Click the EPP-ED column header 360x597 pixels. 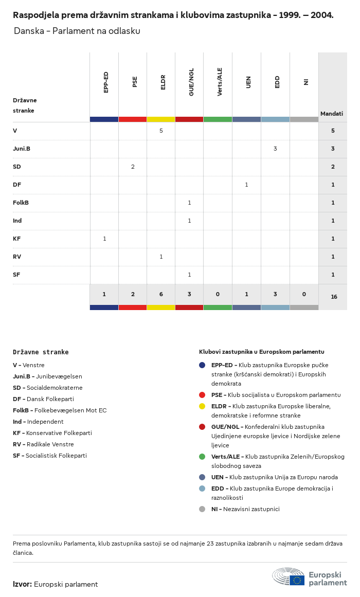pos(106,82)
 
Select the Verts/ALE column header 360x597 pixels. pos(220,82)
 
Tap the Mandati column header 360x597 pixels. pos(332,114)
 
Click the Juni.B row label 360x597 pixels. pos(22,149)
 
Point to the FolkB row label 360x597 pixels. pos(21,203)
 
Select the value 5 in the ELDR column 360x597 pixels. pos(161,131)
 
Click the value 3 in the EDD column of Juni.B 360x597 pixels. pos(275,149)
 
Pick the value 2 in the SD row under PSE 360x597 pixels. pos(133,167)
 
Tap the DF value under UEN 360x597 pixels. pos(246,185)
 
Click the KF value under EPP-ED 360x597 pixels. pos(104,239)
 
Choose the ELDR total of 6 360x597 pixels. pos(161,295)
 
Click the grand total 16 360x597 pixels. pos(334,297)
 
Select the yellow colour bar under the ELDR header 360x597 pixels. pos(161,119)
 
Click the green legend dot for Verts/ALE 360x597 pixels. pos(202,457)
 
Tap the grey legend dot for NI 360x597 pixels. pos(202,509)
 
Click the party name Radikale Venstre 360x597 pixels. pos(50,444)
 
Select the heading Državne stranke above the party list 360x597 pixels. pos(41,352)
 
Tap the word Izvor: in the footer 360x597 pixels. pos(23,585)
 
